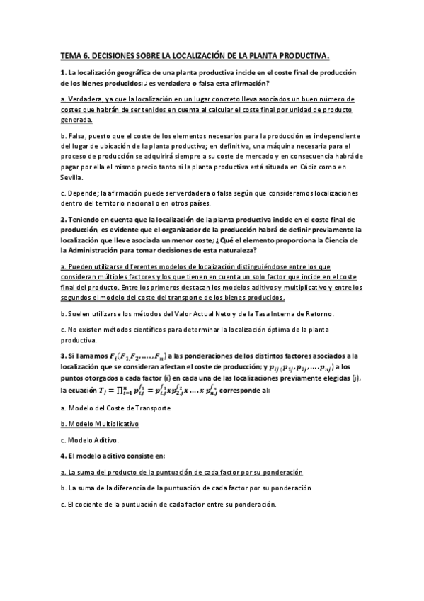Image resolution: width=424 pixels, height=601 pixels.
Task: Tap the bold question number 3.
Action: pyautogui.click(x=63, y=355)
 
